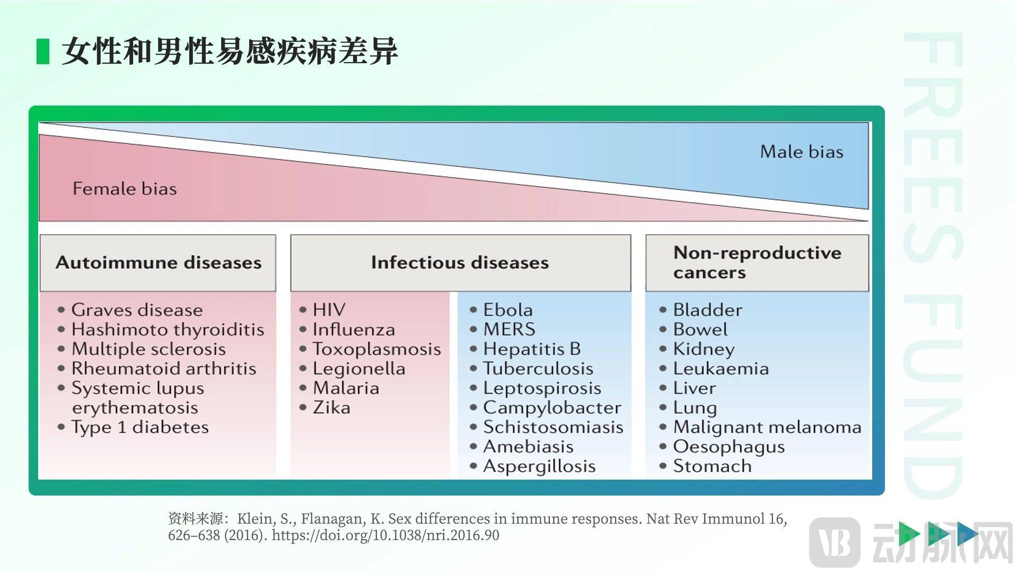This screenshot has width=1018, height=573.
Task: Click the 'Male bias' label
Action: (x=802, y=152)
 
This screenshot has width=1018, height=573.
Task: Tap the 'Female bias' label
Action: (x=125, y=188)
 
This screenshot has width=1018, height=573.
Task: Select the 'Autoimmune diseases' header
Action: (x=159, y=263)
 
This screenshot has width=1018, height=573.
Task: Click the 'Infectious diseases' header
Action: (x=460, y=263)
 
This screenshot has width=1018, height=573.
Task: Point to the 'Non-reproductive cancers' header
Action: (x=757, y=262)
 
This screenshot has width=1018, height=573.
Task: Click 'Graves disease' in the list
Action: (x=137, y=310)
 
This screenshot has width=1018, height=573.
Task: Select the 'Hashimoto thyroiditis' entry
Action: (x=168, y=329)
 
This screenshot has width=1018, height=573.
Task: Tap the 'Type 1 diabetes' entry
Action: (x=140, y=427)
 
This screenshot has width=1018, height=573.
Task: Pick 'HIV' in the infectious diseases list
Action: (x=329, y=310)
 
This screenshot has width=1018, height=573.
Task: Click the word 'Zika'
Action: (x=331, y=407)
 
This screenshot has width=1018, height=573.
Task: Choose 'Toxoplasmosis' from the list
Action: (x=376, y=349)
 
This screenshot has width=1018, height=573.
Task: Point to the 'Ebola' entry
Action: (x=508, y=310)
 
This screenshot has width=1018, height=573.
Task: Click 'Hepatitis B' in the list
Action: (x=532, y=349)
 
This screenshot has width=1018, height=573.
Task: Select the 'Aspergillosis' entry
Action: (x=539, y=466)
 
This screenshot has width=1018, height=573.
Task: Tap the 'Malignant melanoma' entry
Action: (x=767, y=427)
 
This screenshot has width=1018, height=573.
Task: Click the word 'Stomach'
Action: (x=712, y=466)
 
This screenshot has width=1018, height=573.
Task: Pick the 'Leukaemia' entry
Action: (x=721, y=369)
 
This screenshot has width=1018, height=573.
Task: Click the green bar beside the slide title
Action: (x=43, y=51)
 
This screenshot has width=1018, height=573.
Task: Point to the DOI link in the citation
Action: (x=385, y=535)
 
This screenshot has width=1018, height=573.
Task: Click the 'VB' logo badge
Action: (x=835, y=542)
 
